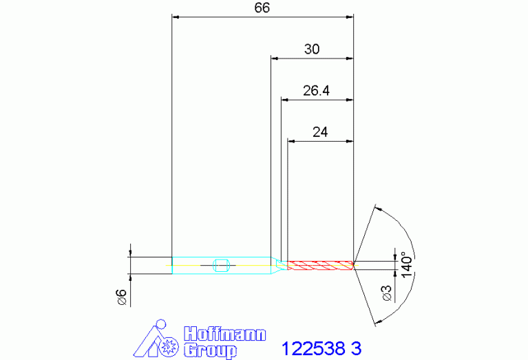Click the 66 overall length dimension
(262, 8)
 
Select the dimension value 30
(312, 49)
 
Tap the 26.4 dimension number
(316, 91)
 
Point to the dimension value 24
(320, 132)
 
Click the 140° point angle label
(407, 265)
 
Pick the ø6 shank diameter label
(122, 297)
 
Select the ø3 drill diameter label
(388, 293)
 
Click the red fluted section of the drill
(320, 266)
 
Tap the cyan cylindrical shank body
(222, 266)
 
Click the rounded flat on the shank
(222, 266)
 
